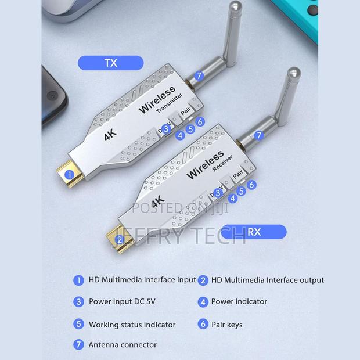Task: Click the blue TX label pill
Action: (x=111, y=63)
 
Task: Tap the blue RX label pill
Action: (x=254, y=232)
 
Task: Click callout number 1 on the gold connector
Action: (x=69, y=175)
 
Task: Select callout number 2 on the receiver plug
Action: (x=120, y=240)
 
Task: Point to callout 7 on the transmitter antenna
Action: (x=199, y=75)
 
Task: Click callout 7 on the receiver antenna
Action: (x=259, y=135)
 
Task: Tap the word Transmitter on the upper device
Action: (x=169, y=103)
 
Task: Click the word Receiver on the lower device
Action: (x=222, y=163)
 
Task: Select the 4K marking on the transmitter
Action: (x=110, y=135)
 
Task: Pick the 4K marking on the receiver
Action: (x=158, y=201)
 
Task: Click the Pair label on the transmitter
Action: (x=185, y=111)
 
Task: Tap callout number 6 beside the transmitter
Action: (x=200, y=121)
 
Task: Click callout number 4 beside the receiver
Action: (x=233, y=199)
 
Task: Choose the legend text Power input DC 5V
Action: (x=122, y=301)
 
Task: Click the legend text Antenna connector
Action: (x=123, y=345)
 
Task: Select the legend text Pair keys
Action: (x=227, y=325)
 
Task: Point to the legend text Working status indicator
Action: (x=132, y=325)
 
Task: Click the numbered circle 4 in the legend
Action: (x=203, y=302)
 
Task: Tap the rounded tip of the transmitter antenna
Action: (x=235, y=5)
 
